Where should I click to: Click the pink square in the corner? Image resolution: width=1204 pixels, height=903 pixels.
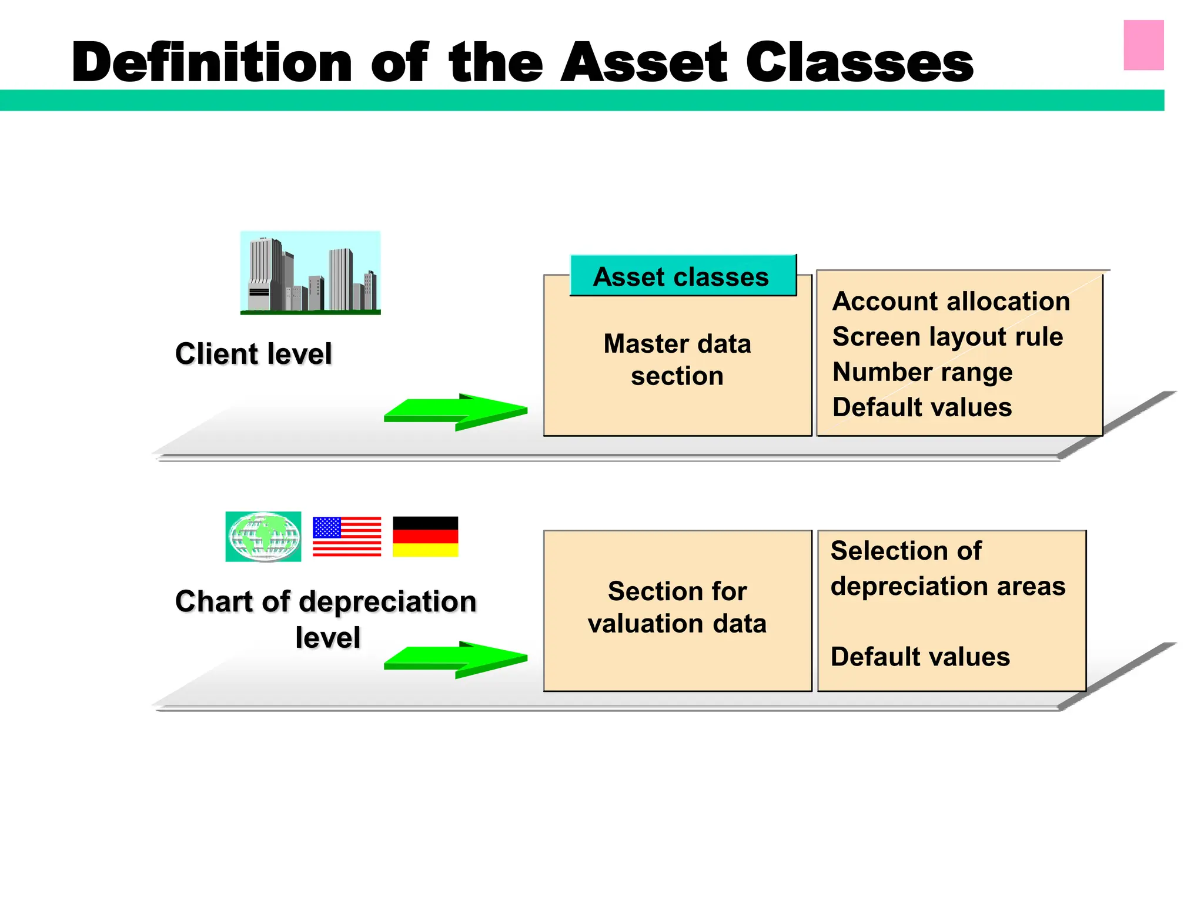[1143, 45]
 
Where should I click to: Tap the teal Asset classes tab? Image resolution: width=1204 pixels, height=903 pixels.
[682, 276]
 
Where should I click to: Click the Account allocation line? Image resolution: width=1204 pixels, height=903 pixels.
[951, 302]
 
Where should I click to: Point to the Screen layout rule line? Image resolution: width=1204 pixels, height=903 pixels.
[947, 337]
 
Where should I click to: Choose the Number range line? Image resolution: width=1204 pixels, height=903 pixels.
[922, 372]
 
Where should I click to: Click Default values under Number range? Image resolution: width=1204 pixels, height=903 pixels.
[922, 407]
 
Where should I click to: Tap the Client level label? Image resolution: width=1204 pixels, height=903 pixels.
[253, 354]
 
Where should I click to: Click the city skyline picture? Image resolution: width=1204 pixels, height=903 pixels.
[310, 273]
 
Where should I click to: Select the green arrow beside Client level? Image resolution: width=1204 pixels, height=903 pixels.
[456, 412]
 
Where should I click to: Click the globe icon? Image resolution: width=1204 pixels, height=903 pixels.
[263, 537]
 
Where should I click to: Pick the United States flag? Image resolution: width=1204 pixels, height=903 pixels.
[347, 537]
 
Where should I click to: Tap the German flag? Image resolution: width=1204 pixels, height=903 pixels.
[425, 537]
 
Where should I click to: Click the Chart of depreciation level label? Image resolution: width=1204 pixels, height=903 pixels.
[326, 618]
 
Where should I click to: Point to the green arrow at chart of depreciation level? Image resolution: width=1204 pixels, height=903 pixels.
[456, 660]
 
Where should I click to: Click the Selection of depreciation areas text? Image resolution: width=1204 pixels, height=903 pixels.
[947, 568]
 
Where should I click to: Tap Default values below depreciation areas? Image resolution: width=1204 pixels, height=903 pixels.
[920, 657]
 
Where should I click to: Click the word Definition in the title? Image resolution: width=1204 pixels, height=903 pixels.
[212, 63]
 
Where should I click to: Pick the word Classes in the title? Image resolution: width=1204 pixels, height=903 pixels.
[859, 63]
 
